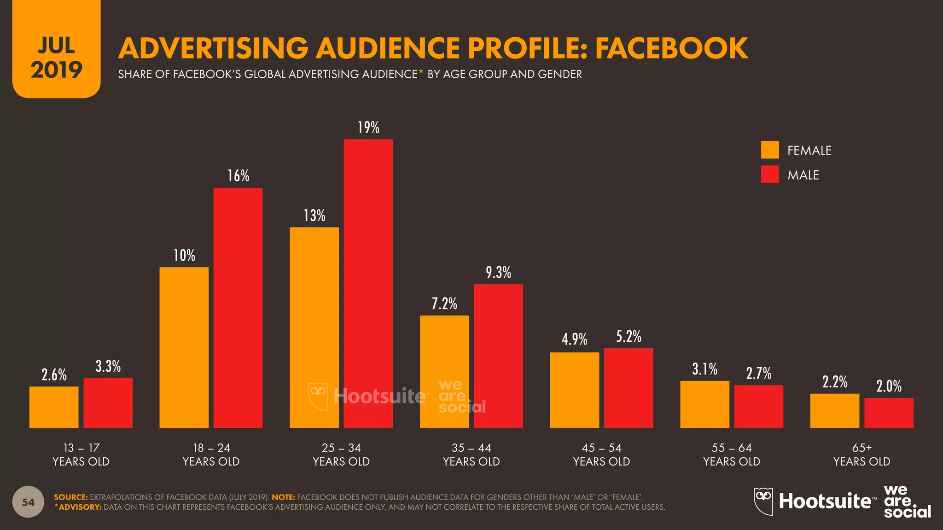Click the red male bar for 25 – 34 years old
[368, 283]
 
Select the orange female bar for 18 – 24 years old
[184, 347]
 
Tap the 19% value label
[368, 127]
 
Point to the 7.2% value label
[444, 304]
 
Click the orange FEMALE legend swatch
[770, 150]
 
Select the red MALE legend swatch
[770, 174]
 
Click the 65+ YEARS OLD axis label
[862, 455]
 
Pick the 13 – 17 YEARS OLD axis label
[81, 455]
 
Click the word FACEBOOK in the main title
[671, 48]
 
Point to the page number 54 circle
[28, 502]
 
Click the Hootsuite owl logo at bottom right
[763, 501]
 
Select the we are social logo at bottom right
[907, 501]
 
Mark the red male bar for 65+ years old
[889, 413]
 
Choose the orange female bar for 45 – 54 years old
[574, 390]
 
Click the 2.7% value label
[758, 373]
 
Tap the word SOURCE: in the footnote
[70, 497]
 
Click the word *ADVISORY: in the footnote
[78, 507]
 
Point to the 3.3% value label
[108, 366]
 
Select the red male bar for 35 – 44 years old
[498, 356]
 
